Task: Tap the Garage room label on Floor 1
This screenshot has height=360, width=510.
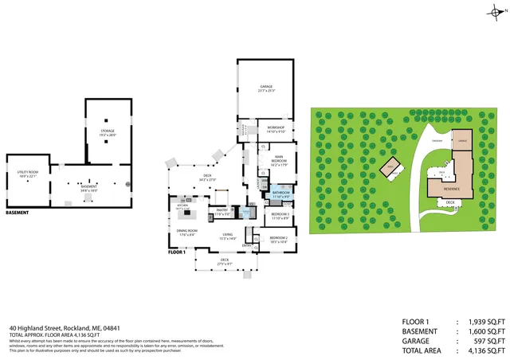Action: pos(265,87)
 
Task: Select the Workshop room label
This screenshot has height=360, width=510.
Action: pos(276,129)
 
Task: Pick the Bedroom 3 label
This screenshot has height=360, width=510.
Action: pos(278,214)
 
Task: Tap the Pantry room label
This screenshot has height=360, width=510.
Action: pos(222,211)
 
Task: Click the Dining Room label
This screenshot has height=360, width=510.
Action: pos(187,232)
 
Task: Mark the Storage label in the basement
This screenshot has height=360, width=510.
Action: pos(108,131)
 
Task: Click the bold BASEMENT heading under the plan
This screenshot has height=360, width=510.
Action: pos(18,213)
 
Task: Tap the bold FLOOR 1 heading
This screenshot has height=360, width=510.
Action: pos(177,252)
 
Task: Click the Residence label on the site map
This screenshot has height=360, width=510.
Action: pos(451,189)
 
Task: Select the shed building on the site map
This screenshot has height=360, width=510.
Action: pos(390,168)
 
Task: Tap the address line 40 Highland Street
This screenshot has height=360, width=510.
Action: pos(65,327)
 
